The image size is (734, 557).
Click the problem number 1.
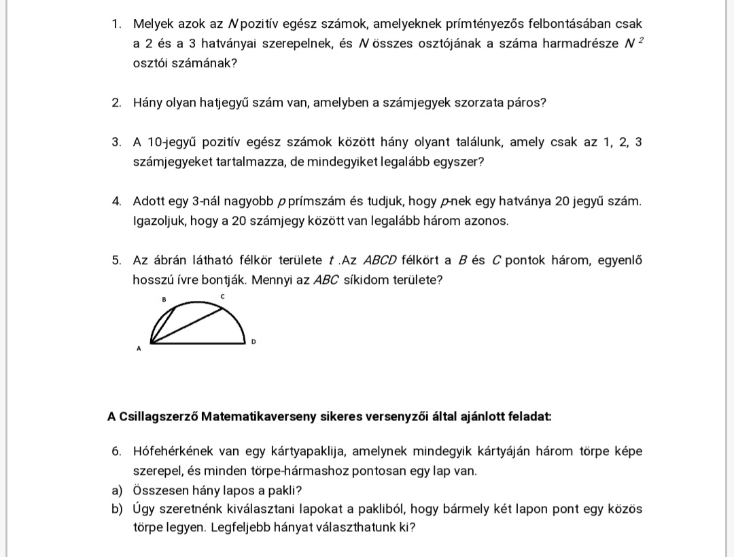pyautogui.click(x=116, y=24)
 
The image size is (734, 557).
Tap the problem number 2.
pyautogui.click(x=116, y=103)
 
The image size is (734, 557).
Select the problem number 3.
pyautogui.click(x=116, y=143)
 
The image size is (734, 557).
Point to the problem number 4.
pyautogui.click(x=116, y=202)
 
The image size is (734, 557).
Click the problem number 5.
pyautogui.click(x=116, y=261)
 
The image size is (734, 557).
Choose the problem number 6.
pyautogui.click(x=116, y=452)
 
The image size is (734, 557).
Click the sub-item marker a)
pyautogui.click(x=116, y=490)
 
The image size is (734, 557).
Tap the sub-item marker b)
pyautogui.click(x=116, y=509)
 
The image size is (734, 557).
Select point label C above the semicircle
pyautogui.click(x=222, y=297)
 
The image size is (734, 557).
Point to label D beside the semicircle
pyautogui.click(x=253, y=341)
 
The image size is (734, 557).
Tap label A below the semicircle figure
pyautogui.click(x=139, y=349)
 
